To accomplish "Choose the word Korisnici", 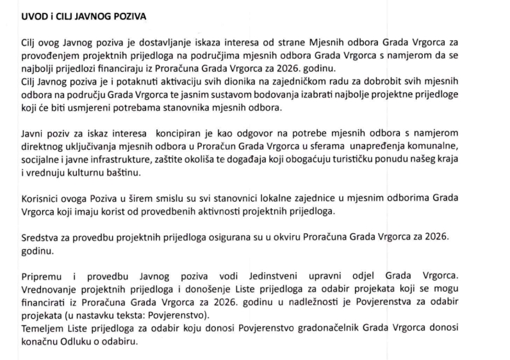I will pyautogui.click(x=42, y=199).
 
